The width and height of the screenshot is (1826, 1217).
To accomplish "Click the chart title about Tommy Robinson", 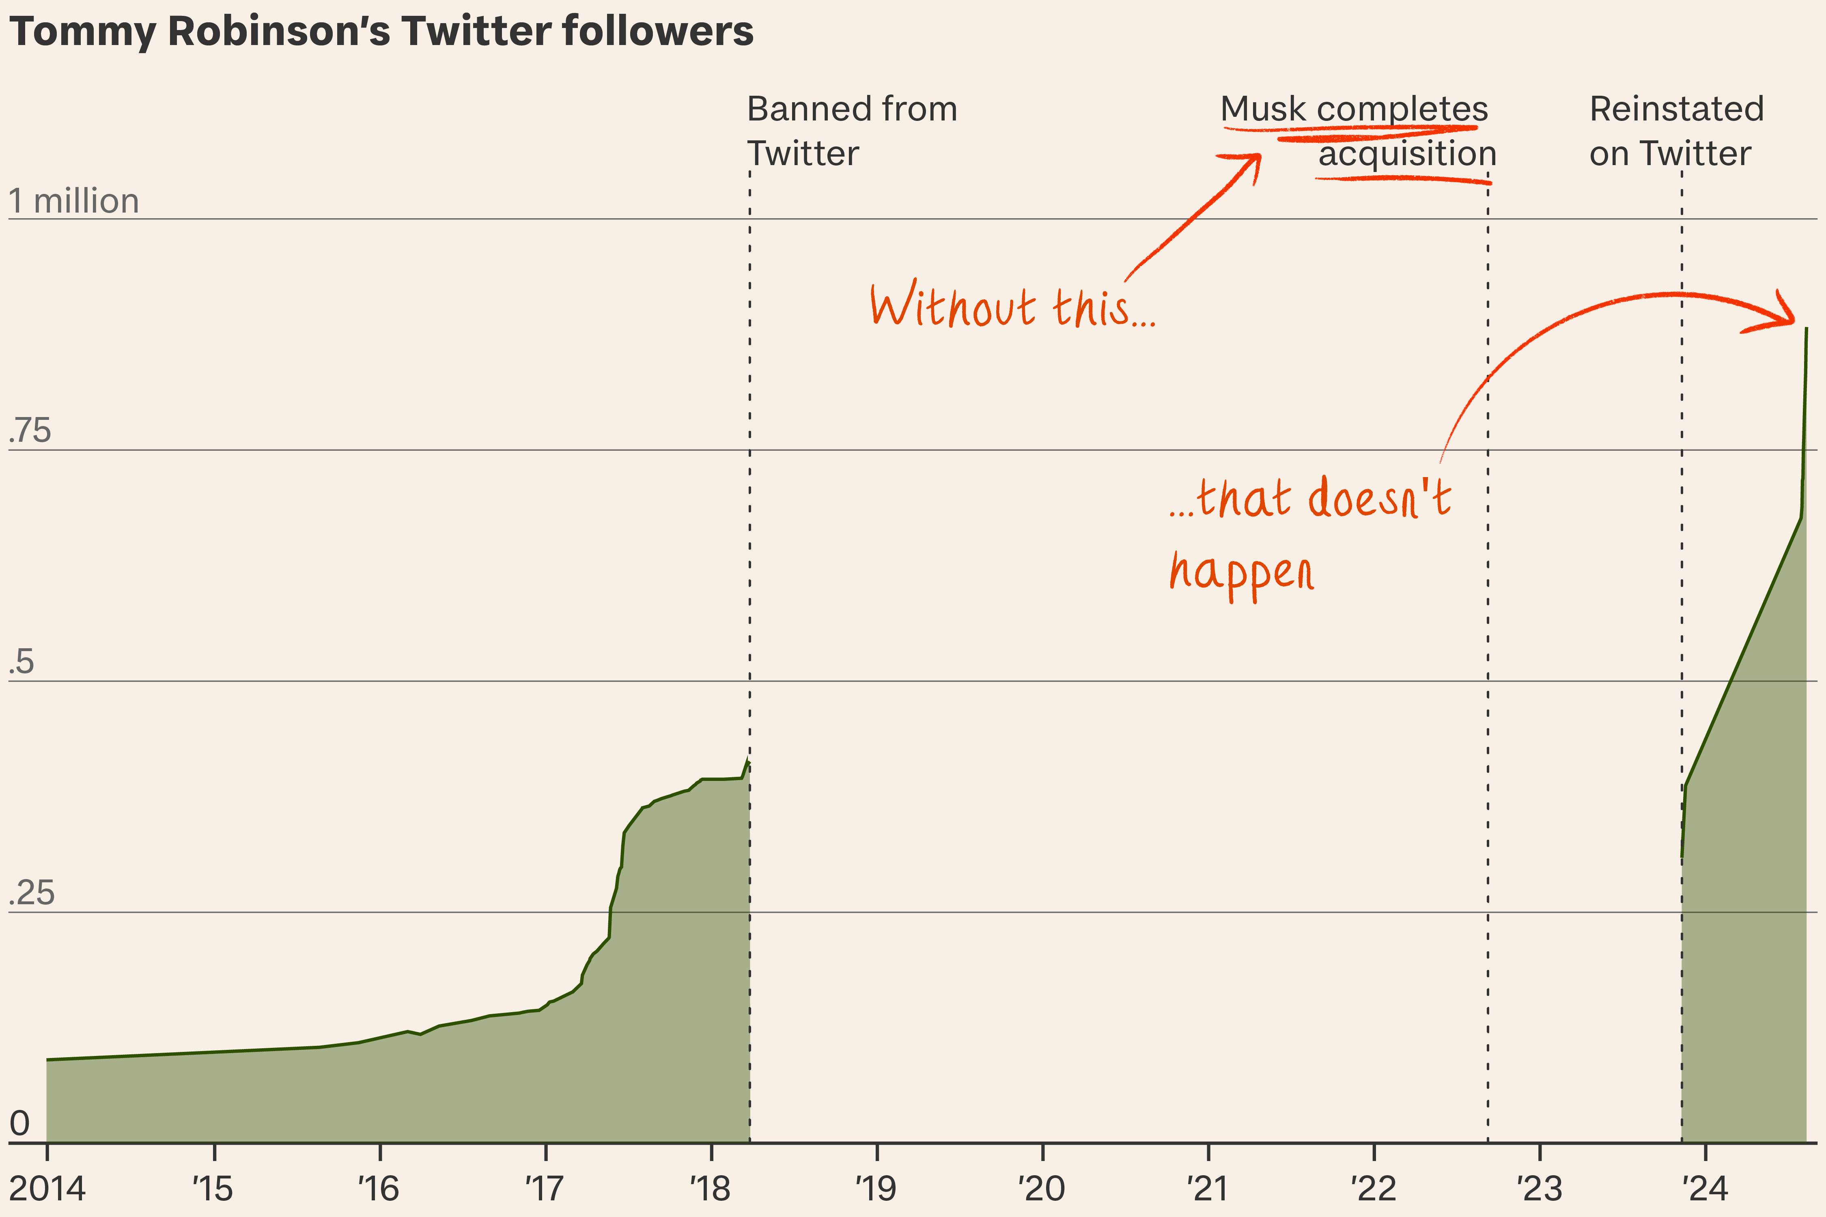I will coord(381,32).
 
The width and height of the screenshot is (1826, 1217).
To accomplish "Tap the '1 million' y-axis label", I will coord(74,201).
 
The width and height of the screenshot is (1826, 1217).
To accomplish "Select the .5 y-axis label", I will coord(22,662).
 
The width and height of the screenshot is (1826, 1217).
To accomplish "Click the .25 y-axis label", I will coord(32,893).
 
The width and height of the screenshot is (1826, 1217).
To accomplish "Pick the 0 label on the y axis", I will coord(19,1123).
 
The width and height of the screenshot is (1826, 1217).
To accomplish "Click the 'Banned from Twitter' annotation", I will coord(852,130).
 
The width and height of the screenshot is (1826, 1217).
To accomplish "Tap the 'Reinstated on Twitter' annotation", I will coord(1676,130).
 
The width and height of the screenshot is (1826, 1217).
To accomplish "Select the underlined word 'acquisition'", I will coord(1407,154).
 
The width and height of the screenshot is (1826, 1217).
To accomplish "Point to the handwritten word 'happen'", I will coord(1241,573).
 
